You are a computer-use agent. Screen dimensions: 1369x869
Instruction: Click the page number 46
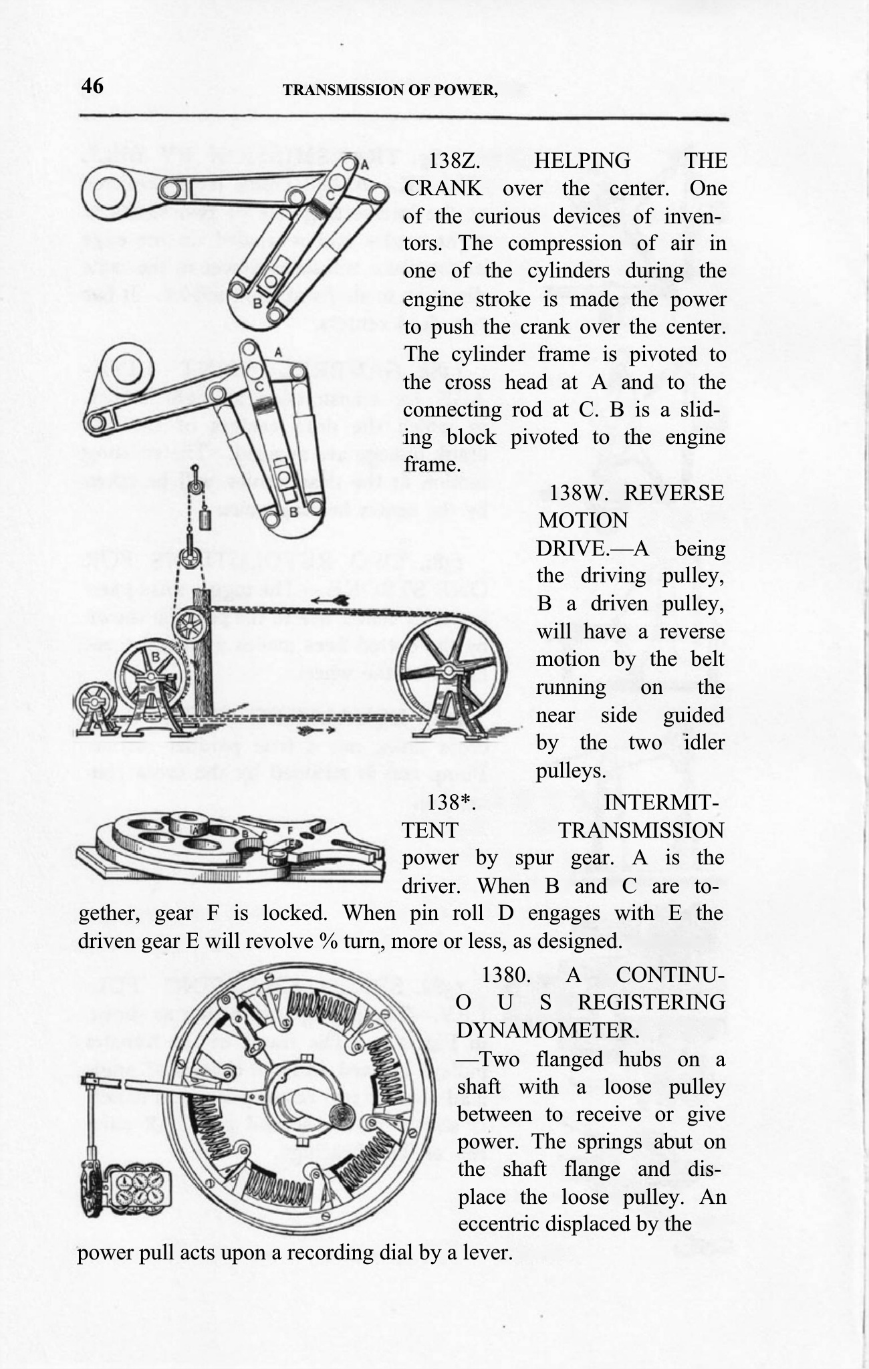[x=92, y=86]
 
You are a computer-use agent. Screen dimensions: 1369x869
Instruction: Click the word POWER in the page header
[x=466, y=90]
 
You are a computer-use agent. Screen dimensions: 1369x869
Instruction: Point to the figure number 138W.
[x=576, y=493]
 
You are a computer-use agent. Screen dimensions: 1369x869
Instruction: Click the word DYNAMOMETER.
[x=547, y=1030]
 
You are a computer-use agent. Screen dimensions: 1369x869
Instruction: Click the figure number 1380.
[x=506, y=974]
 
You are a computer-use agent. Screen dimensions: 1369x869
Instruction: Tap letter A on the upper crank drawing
[x=365, y=163]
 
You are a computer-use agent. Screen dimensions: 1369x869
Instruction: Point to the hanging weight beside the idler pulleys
[x=205, y=520]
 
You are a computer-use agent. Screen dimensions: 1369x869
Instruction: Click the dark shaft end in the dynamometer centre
[x=341, y=1115]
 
